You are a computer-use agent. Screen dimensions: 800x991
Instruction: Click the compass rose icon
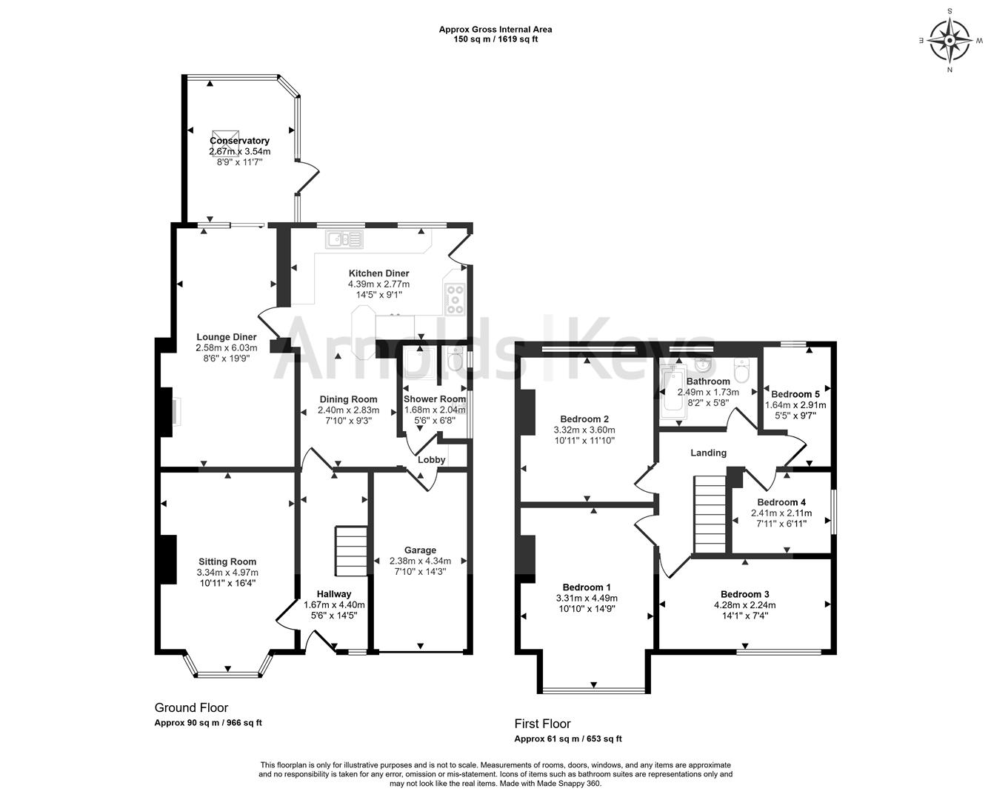pos(950,40)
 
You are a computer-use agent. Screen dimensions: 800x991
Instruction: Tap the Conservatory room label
pos(239,141)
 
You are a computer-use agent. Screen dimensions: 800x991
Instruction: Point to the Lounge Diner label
pos(226,337)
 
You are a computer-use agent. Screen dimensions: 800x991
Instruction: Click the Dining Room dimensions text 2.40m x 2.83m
pos(348,410)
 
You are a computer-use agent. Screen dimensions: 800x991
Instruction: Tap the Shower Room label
pos(434,399)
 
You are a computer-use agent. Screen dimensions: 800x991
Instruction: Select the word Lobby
pos(432,460)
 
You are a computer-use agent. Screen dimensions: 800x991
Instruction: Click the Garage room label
pos(420,550)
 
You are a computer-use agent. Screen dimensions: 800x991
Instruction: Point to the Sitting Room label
pos(227,561)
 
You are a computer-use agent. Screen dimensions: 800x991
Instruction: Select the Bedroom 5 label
pos(795,394)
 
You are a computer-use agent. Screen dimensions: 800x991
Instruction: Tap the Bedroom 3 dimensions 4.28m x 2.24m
pos(744,605)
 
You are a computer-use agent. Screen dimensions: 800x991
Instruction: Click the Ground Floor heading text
pos(191,707)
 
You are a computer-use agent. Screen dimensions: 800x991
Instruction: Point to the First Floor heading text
pos(542,724)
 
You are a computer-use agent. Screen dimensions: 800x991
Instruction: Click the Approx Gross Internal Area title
pos(495,30)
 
